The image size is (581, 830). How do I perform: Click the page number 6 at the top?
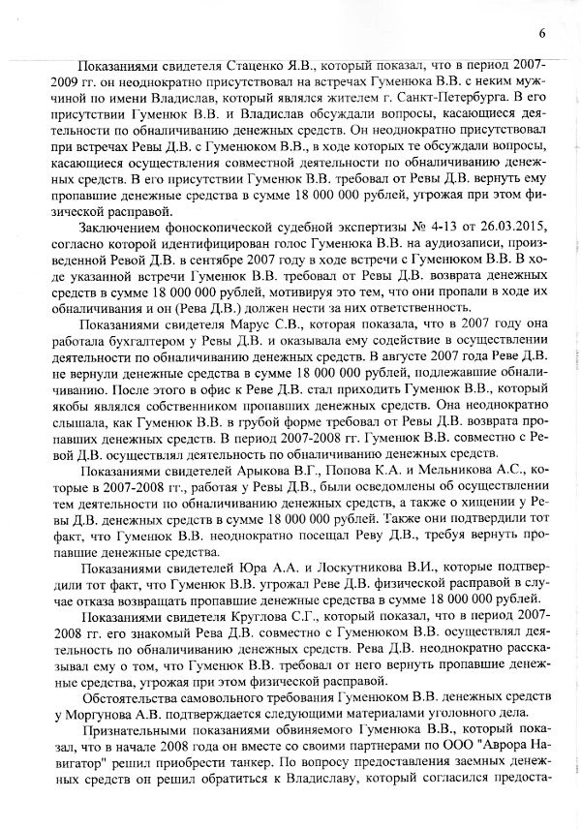(542, 12)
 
